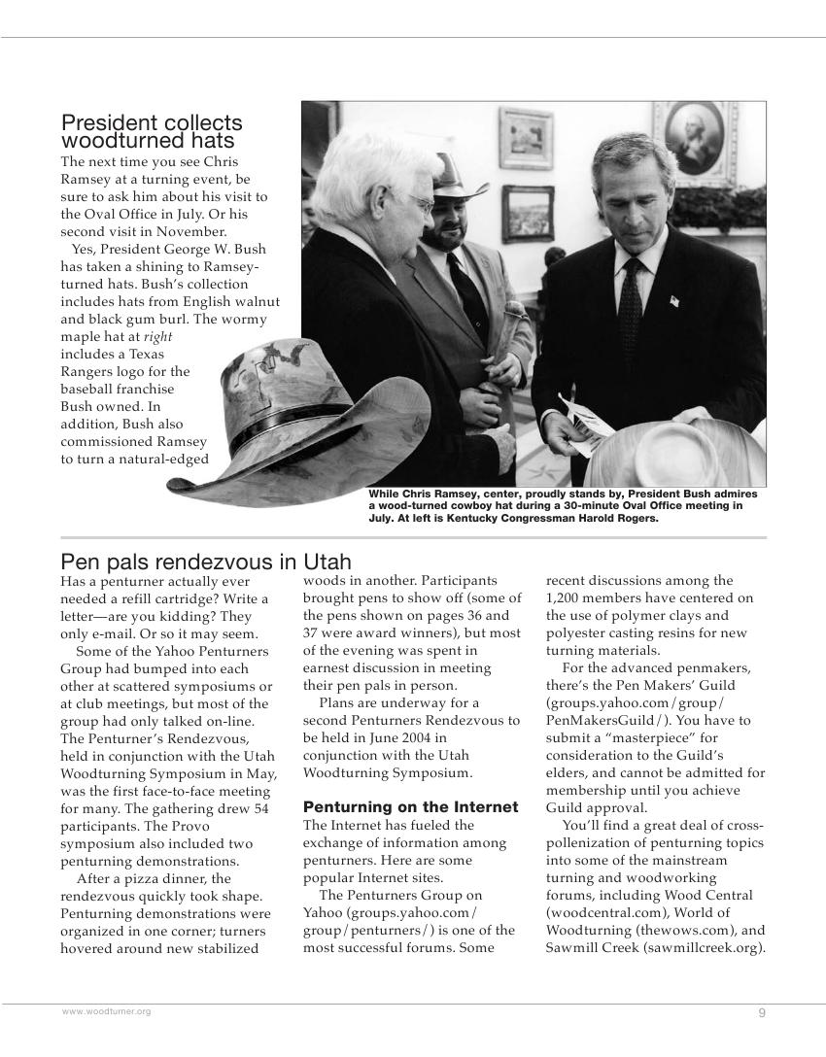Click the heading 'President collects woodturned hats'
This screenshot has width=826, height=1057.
point(152,132)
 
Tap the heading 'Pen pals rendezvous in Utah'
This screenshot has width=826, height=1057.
point(205,563)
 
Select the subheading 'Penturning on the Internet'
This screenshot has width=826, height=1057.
point(410,807)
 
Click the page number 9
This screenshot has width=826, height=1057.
point(762,1013)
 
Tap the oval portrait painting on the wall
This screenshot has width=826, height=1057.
point(693,138)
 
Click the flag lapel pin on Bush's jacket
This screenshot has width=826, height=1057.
point(673,301)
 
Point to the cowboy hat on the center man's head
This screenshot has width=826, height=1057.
point(457,175)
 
